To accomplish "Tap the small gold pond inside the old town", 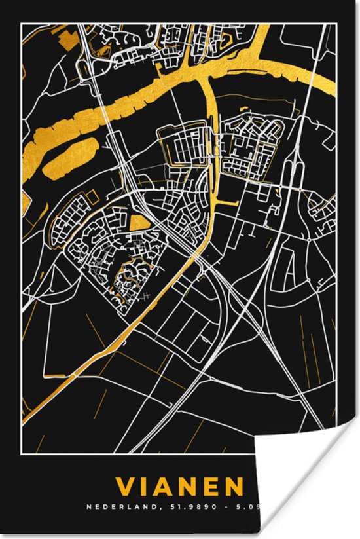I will click(x=138, y=223).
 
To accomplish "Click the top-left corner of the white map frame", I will click(x=21, y=23).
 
